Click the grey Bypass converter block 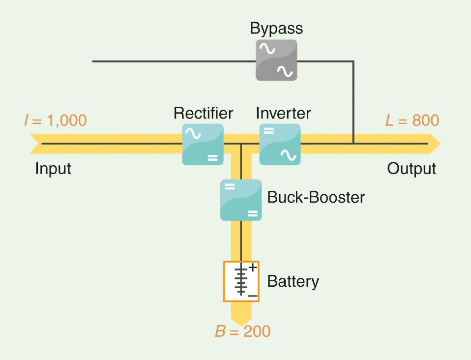(276, 60)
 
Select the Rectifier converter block (203, 144)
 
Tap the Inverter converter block (280, 144)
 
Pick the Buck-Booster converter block (241, 200)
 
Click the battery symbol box (241, 281)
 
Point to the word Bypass (276, 29)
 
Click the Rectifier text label (203, 113)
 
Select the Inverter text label (283, 113)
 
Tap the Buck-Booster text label (316, 198)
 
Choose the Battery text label (293, 282)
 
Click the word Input (53, 169)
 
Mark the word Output (412, 169)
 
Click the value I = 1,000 (56, 120)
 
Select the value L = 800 (412, 120)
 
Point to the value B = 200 (243, 331)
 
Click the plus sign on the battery (253, 268)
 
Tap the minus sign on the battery (253, 296)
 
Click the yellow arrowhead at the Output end (435, 144)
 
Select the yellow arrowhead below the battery (241, 319)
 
